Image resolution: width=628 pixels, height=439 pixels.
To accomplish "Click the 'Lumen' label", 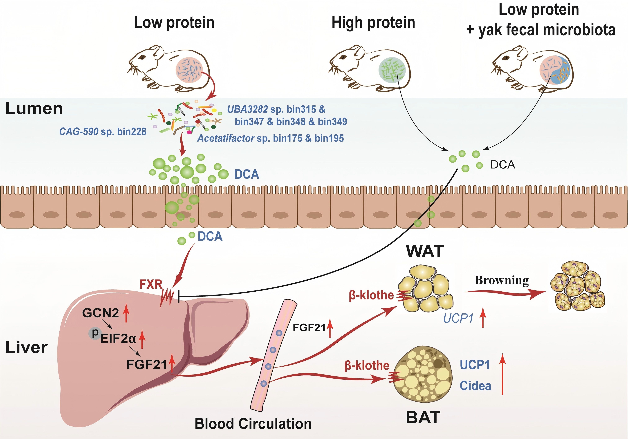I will (34, 109).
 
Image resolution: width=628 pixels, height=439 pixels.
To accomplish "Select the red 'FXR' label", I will (151, 284).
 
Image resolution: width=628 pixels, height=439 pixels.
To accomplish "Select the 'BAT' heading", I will (423, 418).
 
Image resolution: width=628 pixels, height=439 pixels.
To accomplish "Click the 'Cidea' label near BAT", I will (475, 386).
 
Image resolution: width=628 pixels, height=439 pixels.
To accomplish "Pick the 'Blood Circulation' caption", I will (253, 424).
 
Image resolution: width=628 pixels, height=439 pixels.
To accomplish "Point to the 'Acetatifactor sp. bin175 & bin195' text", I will (270, 138).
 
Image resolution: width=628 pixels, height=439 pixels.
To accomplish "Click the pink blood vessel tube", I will (271, 355).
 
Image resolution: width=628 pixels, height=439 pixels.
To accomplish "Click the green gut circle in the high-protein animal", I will (392, 71).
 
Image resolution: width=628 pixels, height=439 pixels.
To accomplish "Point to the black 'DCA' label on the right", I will (503, 165).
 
